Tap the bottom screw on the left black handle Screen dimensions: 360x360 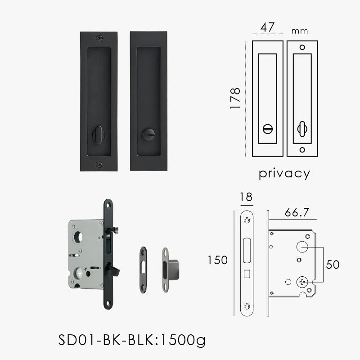coord(99,164)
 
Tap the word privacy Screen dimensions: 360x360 coord(284,173)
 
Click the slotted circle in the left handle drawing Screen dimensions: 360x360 coord(268,130)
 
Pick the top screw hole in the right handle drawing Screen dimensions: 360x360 coord(302,47)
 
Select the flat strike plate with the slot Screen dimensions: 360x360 coord(143,266)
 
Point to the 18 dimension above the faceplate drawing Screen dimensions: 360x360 coord(247,197)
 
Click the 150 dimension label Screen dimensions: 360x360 coord(218,260)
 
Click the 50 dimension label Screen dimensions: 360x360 coord(333,265)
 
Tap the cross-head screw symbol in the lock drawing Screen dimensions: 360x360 coord(301,282)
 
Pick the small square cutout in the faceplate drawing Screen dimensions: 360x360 coord(247,273)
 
